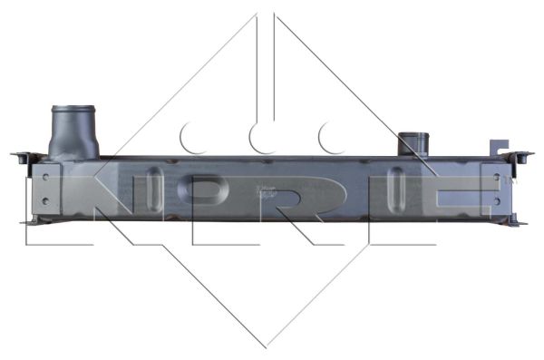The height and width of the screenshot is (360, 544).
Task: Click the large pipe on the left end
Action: (73, 132)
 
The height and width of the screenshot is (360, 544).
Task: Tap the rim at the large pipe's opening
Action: (73, 108)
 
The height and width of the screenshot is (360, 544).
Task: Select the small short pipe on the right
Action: (413, 143)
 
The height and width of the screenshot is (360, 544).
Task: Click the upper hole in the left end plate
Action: (45, 177)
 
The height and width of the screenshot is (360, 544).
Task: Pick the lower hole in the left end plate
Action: (45, 200)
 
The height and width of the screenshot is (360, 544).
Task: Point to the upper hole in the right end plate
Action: (497, 177)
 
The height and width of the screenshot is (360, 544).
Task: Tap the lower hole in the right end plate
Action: (497, 201)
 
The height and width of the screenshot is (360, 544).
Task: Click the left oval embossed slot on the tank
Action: (154, 190)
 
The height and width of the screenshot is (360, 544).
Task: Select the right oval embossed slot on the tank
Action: (396, 190)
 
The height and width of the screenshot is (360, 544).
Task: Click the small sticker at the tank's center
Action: (266, 191)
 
